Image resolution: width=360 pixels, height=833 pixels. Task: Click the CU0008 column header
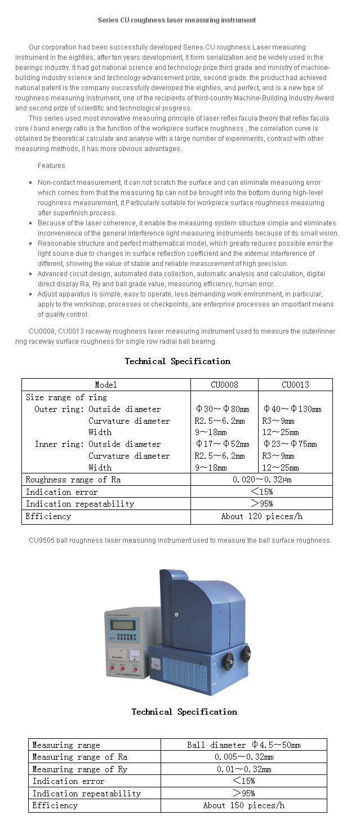tap(224, 385)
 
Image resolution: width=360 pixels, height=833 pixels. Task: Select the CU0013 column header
tap(295, 385)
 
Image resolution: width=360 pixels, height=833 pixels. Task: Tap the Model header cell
tap(106, 385)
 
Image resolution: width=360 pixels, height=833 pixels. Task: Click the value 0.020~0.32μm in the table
tap(262, 480)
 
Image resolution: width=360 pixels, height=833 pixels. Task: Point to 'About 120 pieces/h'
tap(262, 516)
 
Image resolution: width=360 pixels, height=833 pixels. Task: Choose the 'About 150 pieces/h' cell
tap(243, 805)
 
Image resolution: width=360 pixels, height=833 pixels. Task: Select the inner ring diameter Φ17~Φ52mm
tap(222, 444)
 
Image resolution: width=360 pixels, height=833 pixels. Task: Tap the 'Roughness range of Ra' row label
tap(73, 480)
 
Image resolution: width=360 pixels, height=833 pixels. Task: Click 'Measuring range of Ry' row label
tap(80, 769)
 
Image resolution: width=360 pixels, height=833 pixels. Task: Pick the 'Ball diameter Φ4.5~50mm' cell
tap(243, 745)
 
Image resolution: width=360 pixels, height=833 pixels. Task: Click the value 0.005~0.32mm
tap(243, 757)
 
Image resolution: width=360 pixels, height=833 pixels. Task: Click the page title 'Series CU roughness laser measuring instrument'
tap(177, 20)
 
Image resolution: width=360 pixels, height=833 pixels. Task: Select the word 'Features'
tap(51, 166)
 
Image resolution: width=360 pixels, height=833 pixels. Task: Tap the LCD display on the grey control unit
tap(125, 624)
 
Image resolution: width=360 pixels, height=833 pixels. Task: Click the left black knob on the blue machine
tap(228, 661)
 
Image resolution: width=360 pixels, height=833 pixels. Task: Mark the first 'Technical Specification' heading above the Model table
tap(177, 361)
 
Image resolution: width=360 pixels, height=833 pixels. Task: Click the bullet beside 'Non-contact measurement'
tap(30, 183)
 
